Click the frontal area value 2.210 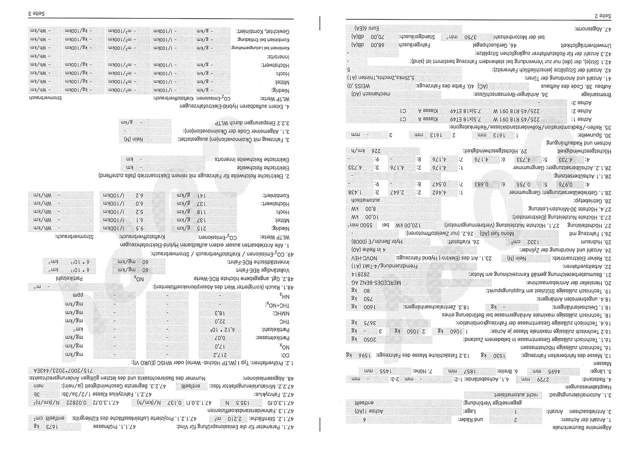point(257,419)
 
